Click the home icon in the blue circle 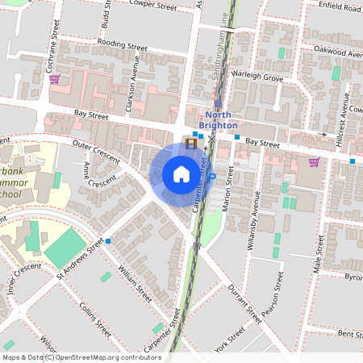click(x=181, y=174)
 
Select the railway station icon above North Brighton click(x=218, y=103)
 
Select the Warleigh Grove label click(x=257, y=78)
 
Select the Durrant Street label click(x=245, y=302)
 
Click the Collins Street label click(x=94, y=319)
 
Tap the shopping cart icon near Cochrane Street click(x=54, y=79)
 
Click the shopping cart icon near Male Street click(x=314, y=161)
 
